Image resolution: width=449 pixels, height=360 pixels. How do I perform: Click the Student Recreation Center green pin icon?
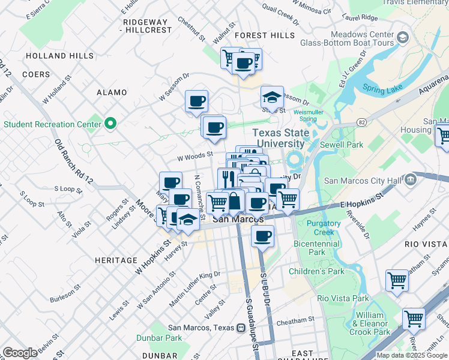110,124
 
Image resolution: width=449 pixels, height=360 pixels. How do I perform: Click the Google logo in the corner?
20,353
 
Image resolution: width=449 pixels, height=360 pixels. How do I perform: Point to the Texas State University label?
279,138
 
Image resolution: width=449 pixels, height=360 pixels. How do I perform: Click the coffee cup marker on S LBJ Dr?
262,236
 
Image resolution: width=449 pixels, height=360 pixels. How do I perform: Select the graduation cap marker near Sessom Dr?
271,97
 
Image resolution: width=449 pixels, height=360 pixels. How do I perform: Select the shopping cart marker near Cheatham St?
414,319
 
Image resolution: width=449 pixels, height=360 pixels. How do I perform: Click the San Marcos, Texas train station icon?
241,328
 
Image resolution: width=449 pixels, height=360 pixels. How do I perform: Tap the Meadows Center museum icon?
402,38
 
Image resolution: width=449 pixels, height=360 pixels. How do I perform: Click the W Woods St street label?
194,155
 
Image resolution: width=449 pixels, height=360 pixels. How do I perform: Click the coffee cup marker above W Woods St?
214,127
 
